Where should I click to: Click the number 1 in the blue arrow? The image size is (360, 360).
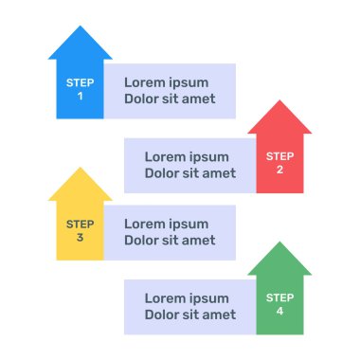click(x=80, y=97)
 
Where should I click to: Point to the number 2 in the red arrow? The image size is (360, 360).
click(x=279, y=171)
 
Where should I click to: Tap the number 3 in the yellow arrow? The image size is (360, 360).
click(x=80, y=238)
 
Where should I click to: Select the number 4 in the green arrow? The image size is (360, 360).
click(x=279, y=312)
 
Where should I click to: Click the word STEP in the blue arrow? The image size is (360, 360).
click(x=80, y=83)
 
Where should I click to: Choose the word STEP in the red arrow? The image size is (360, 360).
click(x=279, y=156)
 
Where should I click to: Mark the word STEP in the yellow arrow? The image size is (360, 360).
click(x=80, y=225)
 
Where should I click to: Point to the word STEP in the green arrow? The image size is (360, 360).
click(x=279, y=298)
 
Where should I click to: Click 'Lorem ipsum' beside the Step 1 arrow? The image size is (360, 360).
click(x=166, y=82)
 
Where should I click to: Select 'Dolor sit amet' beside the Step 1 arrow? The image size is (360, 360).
click(x=170, y=99)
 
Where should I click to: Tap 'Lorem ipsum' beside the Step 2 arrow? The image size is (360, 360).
click(x=187, y=157)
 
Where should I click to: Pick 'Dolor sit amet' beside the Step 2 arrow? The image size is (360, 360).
click(x=189, y=173)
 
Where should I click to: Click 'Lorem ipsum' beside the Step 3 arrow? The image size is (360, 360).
click(x=166, y=225)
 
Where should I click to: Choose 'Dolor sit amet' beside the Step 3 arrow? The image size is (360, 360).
click(x=170, y=241)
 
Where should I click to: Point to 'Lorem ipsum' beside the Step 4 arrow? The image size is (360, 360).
click(x=187, y=298)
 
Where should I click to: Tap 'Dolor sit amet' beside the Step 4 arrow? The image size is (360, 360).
click(x=189, y=315)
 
